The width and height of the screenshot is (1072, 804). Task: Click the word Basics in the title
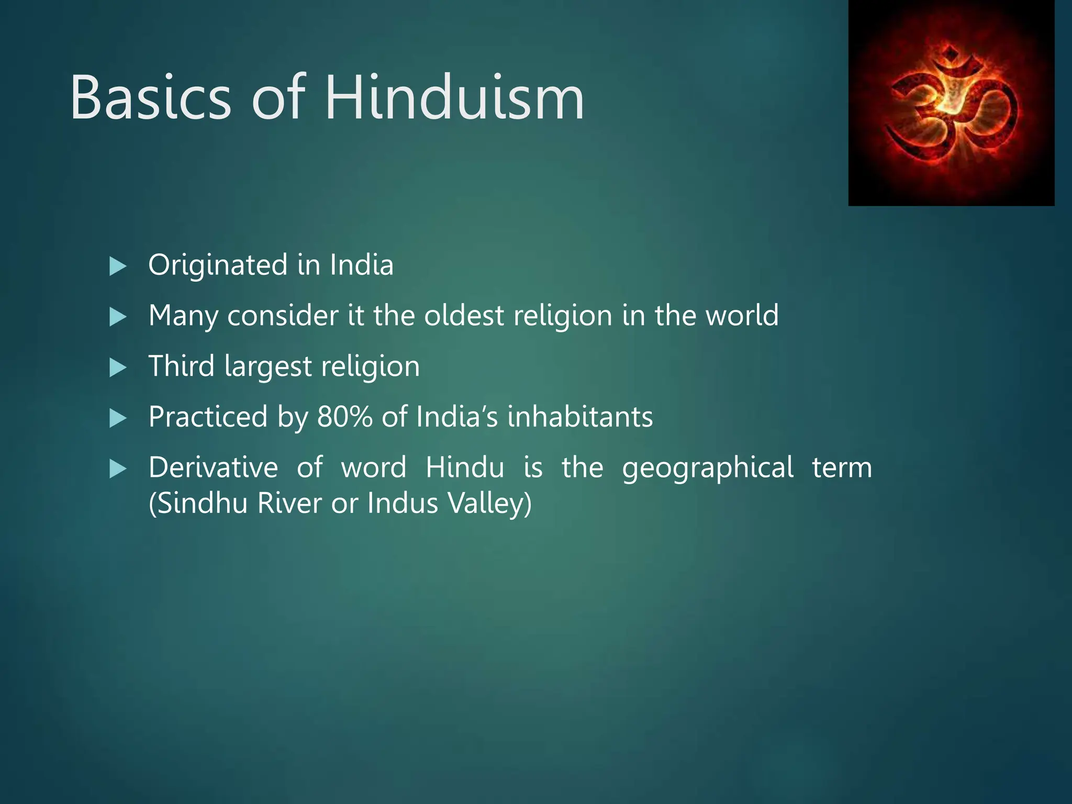point(150,98)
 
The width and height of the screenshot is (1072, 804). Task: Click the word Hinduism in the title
point(454,98)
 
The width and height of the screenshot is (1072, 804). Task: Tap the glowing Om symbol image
point(951,103)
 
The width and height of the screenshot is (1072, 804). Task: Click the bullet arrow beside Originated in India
point(118,267)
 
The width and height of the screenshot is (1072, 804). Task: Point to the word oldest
point(464,316)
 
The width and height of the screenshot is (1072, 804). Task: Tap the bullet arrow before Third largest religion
point(118,368)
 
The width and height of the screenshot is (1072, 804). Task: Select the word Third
point(181,366)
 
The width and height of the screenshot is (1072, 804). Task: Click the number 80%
point(344,417)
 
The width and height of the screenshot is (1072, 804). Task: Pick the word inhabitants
point(580,417)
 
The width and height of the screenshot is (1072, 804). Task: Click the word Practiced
point(208,417)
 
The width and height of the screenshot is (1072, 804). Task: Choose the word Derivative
point(213,467)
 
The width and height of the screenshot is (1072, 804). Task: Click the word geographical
point(708,467)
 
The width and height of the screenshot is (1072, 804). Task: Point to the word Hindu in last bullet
point(464,467)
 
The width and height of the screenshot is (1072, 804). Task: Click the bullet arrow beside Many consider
point(118,317)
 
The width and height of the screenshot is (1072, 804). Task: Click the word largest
point(268,367)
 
